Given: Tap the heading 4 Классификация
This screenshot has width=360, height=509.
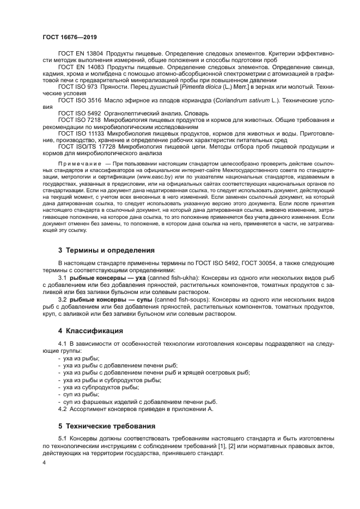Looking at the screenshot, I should tap(90, 330).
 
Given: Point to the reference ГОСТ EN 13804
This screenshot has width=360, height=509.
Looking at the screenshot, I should tap(81, 54).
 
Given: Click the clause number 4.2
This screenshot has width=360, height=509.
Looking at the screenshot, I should tap(62, 408).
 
